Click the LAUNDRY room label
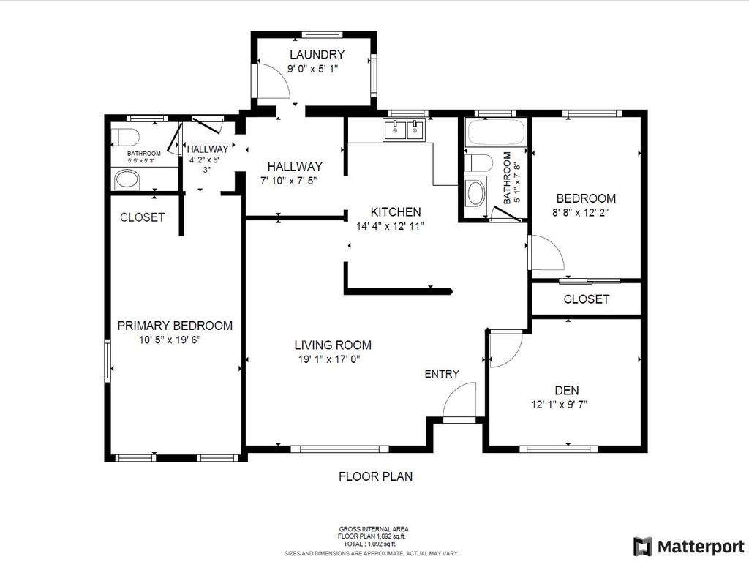pos(317,55)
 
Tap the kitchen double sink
pos(404,130)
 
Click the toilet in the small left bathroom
pos(127,138)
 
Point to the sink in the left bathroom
pos(128,179)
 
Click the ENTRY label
pos(442,374)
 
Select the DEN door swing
pos(505,348)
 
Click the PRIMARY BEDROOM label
pos(175,326)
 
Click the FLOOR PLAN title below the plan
pos(375,476)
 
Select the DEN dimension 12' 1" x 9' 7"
pos(560,405)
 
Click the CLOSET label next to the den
pos(586,299)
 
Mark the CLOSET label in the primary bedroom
pos(142,217)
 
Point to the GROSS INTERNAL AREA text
pos(374,529)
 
